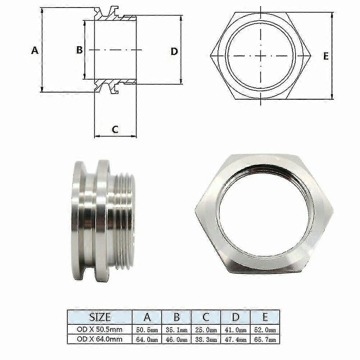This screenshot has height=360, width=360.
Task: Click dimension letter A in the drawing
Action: pos(35,50)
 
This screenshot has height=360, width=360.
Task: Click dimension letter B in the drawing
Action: pos(79,50)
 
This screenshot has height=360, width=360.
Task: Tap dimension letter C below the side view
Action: pos(115,129)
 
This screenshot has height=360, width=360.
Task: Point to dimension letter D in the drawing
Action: pos(174,51)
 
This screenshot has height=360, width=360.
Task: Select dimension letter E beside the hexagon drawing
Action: pos(326,56)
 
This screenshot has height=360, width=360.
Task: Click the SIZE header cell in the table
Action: pos(100,317)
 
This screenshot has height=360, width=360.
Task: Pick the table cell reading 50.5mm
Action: pos(147,330)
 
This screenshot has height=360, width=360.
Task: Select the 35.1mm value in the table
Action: pos(176,330)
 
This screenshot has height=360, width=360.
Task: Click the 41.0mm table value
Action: pos(235,330)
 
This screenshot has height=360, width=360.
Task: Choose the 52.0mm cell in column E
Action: pos(265,330)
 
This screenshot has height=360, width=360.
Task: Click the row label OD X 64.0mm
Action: pos(100,339)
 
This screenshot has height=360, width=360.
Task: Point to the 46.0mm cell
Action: pos(176,339)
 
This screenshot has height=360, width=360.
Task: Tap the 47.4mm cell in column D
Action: pos(235,339)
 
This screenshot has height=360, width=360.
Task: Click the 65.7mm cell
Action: pos(265,339)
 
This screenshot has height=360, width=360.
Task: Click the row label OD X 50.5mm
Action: pos(100,330)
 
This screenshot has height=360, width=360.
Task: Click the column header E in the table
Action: pos(265,317)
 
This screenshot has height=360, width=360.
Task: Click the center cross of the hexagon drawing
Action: pos(260,56)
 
